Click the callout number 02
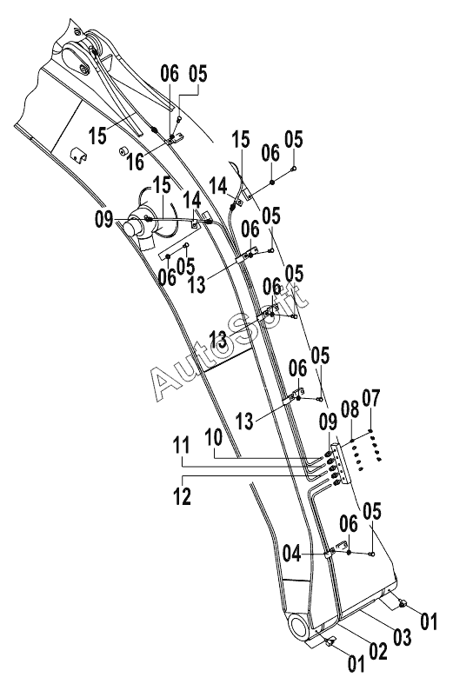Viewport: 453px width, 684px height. [378, 651]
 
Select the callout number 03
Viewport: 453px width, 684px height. [402, 637]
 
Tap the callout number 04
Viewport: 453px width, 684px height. [291, 554]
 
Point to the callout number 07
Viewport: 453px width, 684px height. [371, 398]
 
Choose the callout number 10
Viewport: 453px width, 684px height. [213, 436]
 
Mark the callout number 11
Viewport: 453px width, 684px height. [182, 445]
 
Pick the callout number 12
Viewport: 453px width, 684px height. [182, 496]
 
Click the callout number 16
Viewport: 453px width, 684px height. [136, 162]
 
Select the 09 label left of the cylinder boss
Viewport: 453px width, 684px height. [103, 219]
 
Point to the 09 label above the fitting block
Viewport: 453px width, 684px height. [328, 422]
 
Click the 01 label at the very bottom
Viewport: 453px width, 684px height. [356, 664]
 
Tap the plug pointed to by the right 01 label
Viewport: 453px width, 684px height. [403, 603]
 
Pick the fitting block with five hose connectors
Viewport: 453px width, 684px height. [341, 464]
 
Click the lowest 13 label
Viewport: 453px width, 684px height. [244, 422]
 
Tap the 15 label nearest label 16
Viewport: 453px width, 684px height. [97, 136]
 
